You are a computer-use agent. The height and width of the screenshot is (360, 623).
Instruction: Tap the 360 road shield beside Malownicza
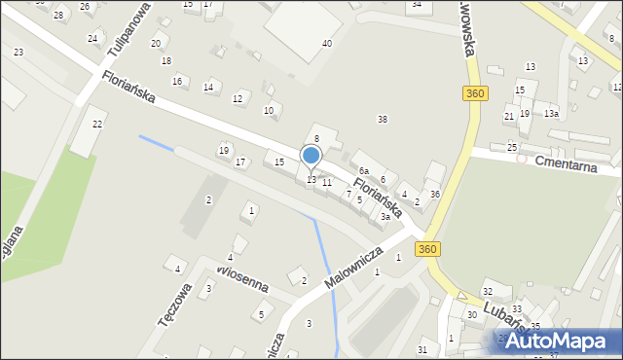coord(427,250)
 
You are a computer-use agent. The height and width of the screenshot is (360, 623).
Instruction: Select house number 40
coord(327,44)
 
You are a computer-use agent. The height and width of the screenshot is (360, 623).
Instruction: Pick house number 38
coord(383,119)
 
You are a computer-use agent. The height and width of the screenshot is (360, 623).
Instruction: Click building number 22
coord(97,125)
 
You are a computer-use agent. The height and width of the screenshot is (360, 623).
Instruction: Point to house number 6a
coord(363,171)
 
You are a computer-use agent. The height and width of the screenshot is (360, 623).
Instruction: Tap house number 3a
coord(385,217)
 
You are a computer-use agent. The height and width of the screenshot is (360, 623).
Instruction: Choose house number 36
coord(435,195)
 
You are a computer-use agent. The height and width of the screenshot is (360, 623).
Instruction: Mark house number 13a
coord(551,114)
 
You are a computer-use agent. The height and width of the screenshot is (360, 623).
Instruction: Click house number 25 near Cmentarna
coord(512,147)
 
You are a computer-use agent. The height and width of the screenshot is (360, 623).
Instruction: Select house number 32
coord(488,292)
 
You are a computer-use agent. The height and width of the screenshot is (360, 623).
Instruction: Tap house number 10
coord(269,111)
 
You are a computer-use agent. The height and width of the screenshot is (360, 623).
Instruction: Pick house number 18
coord(166,61)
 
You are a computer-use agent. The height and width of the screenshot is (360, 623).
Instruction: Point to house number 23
coord(18,52)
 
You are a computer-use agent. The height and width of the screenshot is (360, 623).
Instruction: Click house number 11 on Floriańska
coord(327,182)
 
